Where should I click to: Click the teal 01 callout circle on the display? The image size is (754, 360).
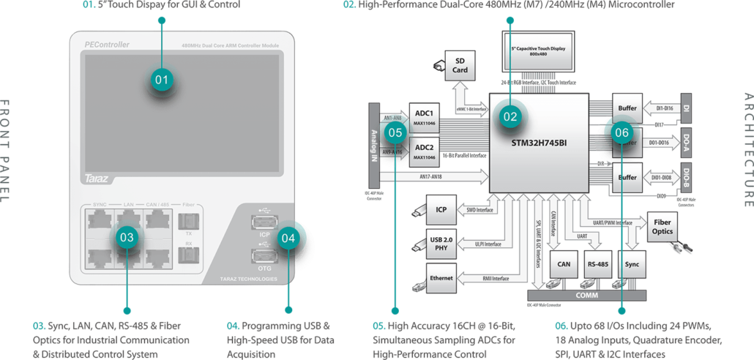point(162,78)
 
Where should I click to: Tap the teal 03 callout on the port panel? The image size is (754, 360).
point(127,237)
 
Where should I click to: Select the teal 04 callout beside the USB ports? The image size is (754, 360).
point(288,237)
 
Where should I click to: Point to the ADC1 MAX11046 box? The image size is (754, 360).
point(425,117)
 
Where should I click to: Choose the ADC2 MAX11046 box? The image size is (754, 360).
point(425,151)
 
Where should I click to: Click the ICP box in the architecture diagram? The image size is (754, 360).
point(441,210)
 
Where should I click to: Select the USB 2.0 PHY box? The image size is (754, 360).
point(441,244)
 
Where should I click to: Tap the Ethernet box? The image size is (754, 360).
point(441,278)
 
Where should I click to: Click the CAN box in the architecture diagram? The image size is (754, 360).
point(563,264)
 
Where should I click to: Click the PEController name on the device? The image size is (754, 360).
point(107,45)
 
